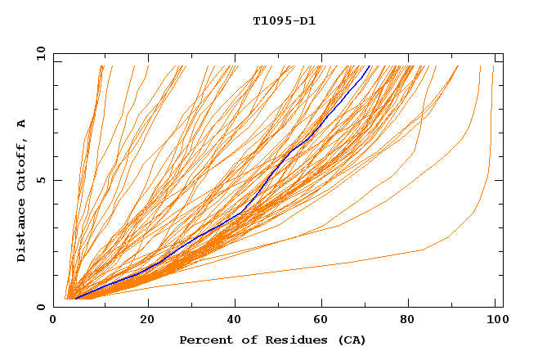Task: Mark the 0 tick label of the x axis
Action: (x=54, y=320)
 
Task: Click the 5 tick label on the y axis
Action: (x=39, y=180)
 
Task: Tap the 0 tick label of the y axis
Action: (x=39, y=307)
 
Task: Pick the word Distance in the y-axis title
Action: (x=21, y=233)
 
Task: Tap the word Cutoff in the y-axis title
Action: (x=21, y=164)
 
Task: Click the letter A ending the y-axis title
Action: (x=21, y=123)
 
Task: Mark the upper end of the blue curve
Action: (x=370, y=65)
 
